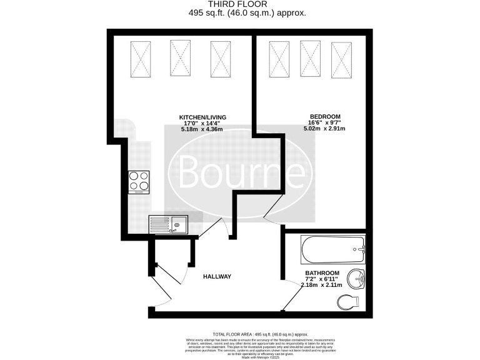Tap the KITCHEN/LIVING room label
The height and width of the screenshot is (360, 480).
[202, 117]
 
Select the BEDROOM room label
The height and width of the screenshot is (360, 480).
[325, 117]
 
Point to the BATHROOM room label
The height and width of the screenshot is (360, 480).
[322, 274]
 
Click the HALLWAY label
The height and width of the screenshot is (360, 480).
[217, 277]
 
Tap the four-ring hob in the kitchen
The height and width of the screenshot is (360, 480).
[139, 181]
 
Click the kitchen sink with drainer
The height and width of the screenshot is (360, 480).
[167, 223]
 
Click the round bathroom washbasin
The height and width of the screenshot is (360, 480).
[358, 278]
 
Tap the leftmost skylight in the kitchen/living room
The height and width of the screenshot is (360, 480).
[140, 58]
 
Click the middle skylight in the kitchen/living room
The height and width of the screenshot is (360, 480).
[180, 58]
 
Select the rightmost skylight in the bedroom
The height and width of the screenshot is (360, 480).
[341, 59]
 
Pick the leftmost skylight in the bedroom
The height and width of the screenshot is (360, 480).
[279, 59]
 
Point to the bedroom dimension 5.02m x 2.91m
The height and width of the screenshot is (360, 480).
[325, 129]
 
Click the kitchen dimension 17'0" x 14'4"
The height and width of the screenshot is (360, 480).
[202, 123]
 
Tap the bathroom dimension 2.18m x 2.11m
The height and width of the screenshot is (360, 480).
[322, 286]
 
